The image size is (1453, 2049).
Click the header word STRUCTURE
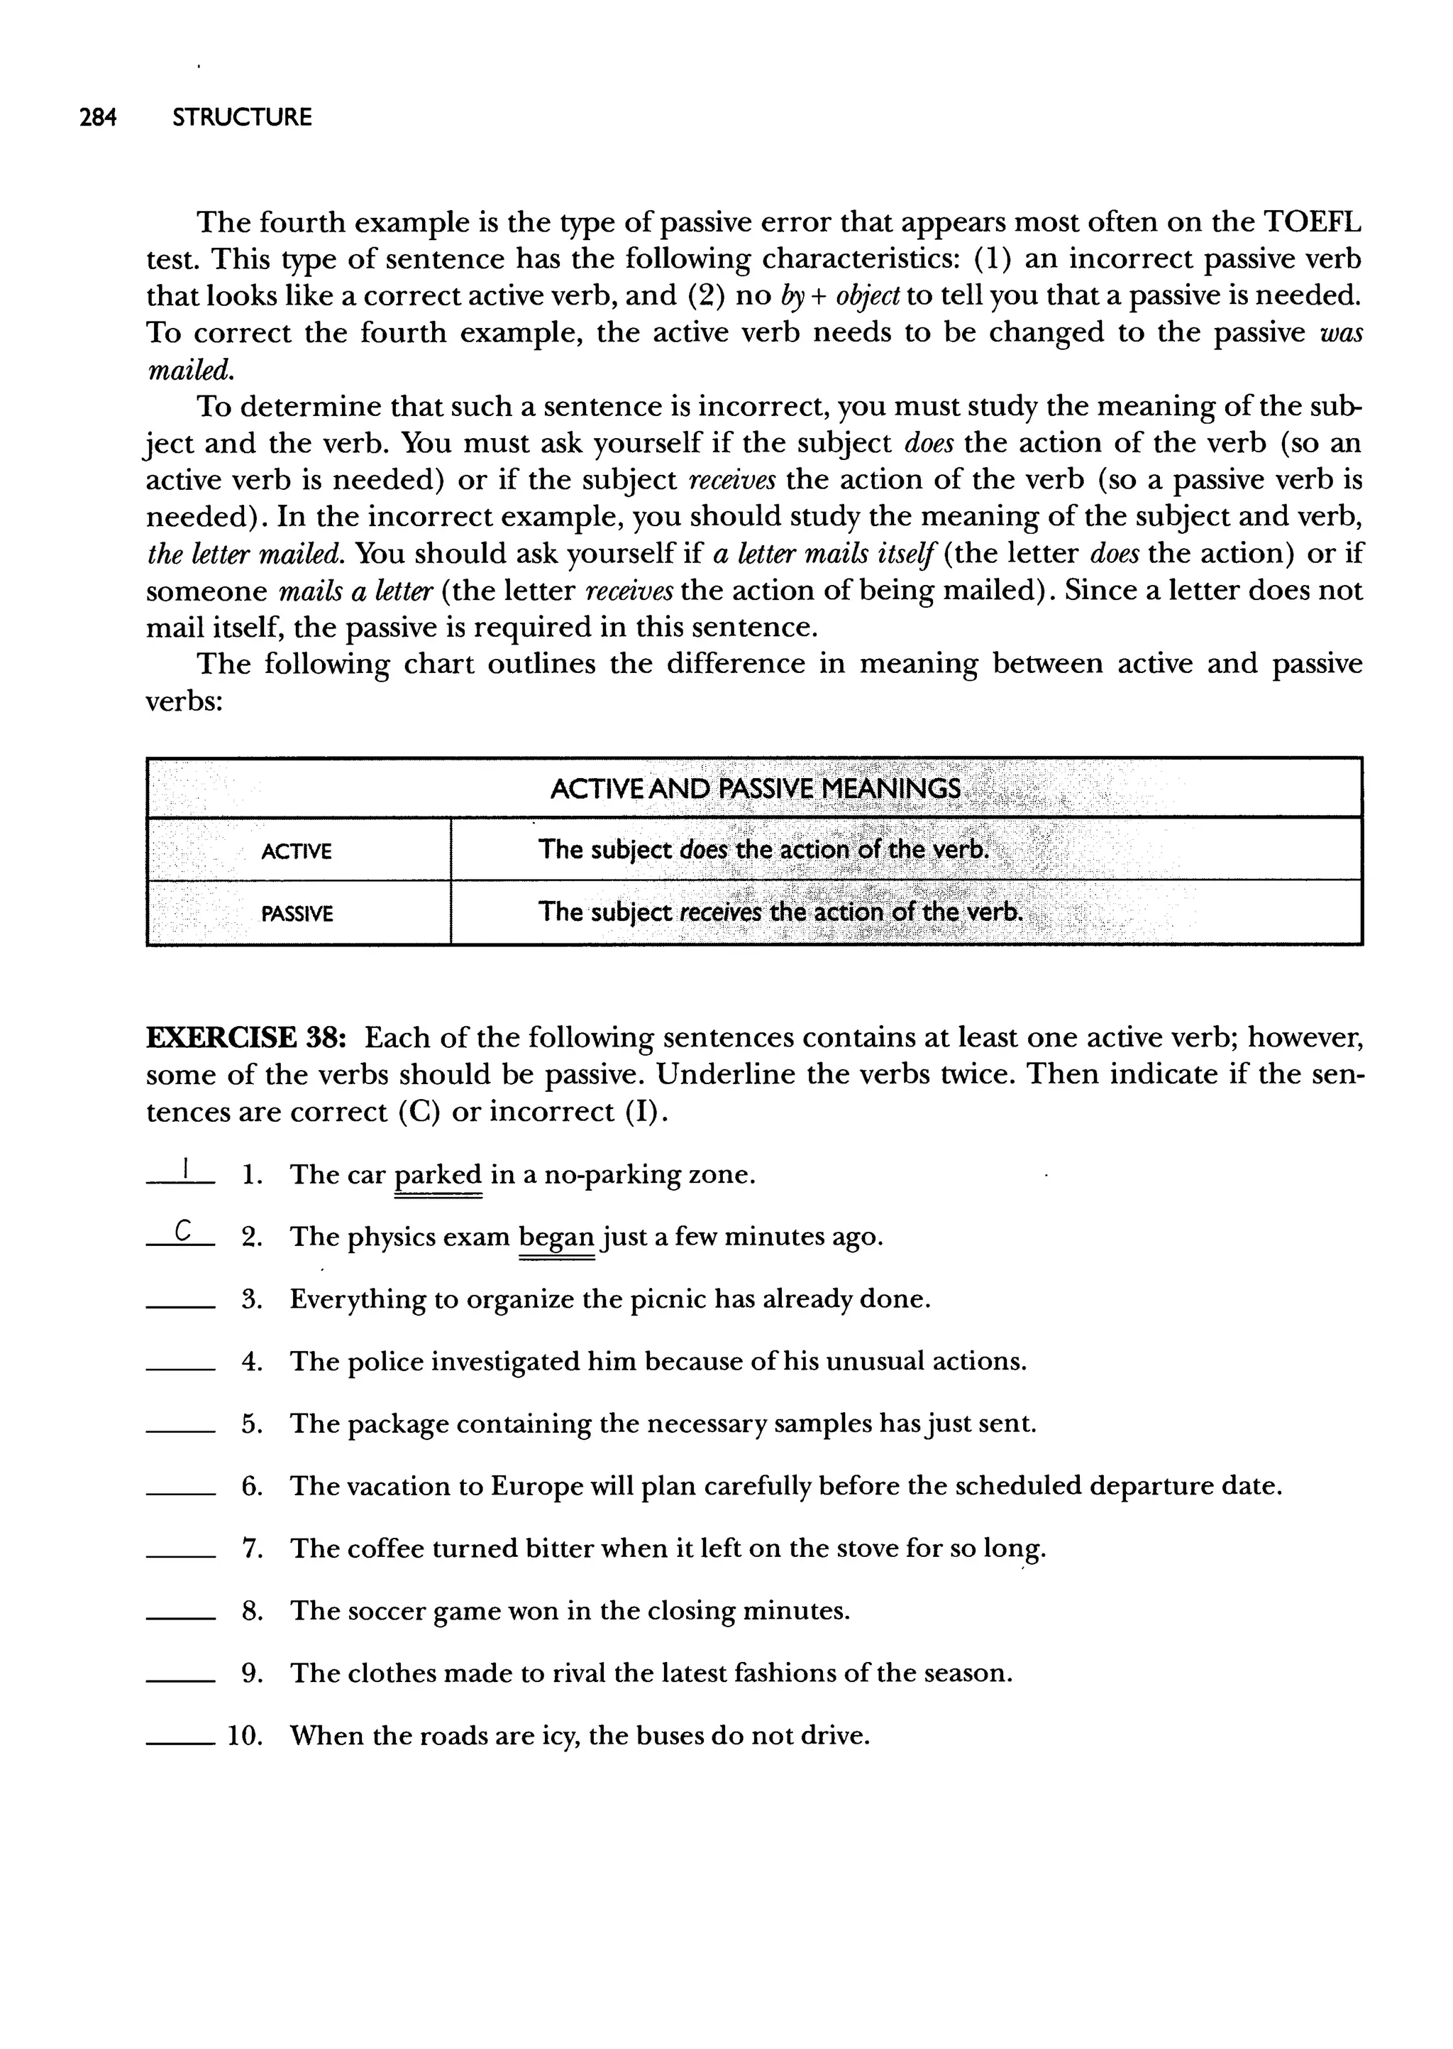click(x=241, y=117)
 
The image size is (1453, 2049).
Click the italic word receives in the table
click(x=720, y=912)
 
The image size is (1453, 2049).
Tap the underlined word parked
click(x=438, y=1174)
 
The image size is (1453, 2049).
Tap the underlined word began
click(x=556, y=1237)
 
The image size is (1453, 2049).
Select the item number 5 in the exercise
click(x=251, y=1424)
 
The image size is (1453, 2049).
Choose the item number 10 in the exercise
click(x=244, y=1737)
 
